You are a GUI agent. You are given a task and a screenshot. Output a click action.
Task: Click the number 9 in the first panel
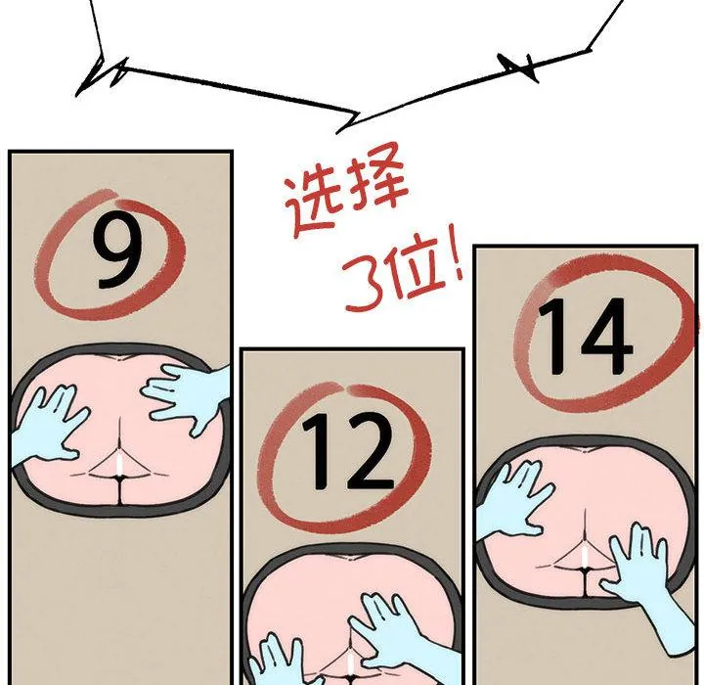click(x=116, y=250)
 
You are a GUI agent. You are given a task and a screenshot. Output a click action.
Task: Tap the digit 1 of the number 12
click(x=317, y=451)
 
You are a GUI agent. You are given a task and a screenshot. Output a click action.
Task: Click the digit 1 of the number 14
click(x=551, y=337)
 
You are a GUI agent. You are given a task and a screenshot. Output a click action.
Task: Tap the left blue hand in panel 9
click(x=49, y=427)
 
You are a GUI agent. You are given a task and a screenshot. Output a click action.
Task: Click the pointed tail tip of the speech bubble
click(x=337, y=133)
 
